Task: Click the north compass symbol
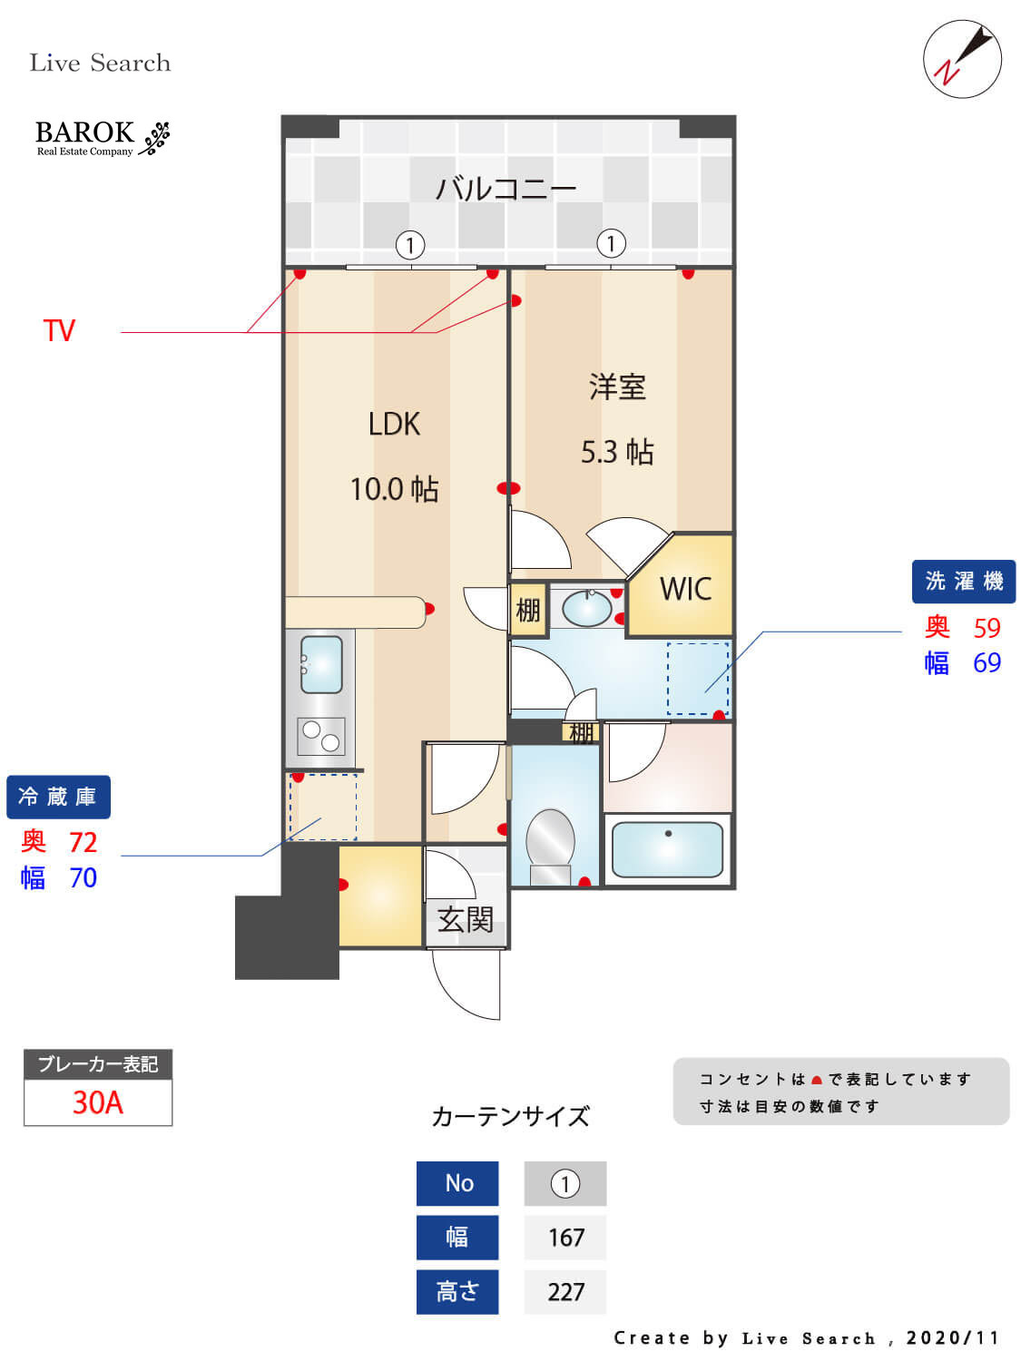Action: pyautogui.click(x=962, y=59)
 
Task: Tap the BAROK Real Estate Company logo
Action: pyautogui.click(x=102, y=138)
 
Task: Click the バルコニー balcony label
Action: pyautogui.click(x=506, y=189)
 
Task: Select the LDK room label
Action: pyautogui.click(x=394, y=424)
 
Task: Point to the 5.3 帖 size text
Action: pyautogui.click(x=617, y=452)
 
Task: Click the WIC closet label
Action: pyautogui.click(x=685, y=589)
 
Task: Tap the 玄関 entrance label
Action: pyautogui.click(x=465, y=920)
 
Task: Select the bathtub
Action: pyautogui.click(x=667, y=849)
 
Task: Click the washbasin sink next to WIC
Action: pyautogui.click(x=586, y=608)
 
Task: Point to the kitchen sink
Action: pyautogui.click(x=320, y=664)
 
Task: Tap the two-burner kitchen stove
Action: pyautogui.click(x=320, y=736)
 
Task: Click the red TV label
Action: pyautogui.click(x=59, y=330)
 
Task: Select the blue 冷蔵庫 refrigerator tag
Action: pyautogui.click(x=58, y=797)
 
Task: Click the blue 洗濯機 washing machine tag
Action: pyautogui.click(x=963, y=582)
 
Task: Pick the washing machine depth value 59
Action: pyautogui.click(x=987, y=628)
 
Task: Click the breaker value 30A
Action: pyautogui.click(x=97, y=1102)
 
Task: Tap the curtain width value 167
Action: pyautogui.click(x=565, y=1238)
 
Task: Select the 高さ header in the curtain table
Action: pyautogui.click(x=457, y=1291)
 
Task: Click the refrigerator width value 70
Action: pyautogui.click(x=83, y=878)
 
